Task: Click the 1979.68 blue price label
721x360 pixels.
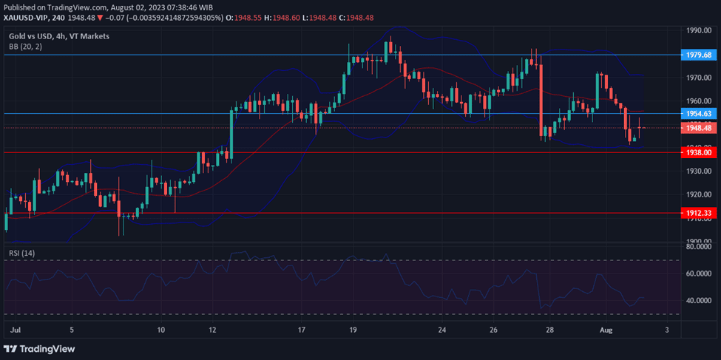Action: (698, 55)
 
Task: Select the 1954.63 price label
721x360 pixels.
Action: (698, 114)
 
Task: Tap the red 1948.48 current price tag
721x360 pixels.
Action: (698, 128)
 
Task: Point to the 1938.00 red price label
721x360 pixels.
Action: (698, 152)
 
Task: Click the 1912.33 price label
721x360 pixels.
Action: (698, 213)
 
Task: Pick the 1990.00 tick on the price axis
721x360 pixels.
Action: (698, 30)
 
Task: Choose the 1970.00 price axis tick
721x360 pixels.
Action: (698, 78)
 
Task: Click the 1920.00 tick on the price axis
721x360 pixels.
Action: (698, 195)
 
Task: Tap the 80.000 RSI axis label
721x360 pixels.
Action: (698, 247)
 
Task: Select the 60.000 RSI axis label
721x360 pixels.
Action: (698, 274)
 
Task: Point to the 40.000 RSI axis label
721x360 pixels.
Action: (698, 301)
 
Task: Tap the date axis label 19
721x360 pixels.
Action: (353, 330)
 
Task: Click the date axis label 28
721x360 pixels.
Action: (549, 330)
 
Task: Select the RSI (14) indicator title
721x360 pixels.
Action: (22, 253)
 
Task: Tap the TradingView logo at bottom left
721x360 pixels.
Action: (41, 348)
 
